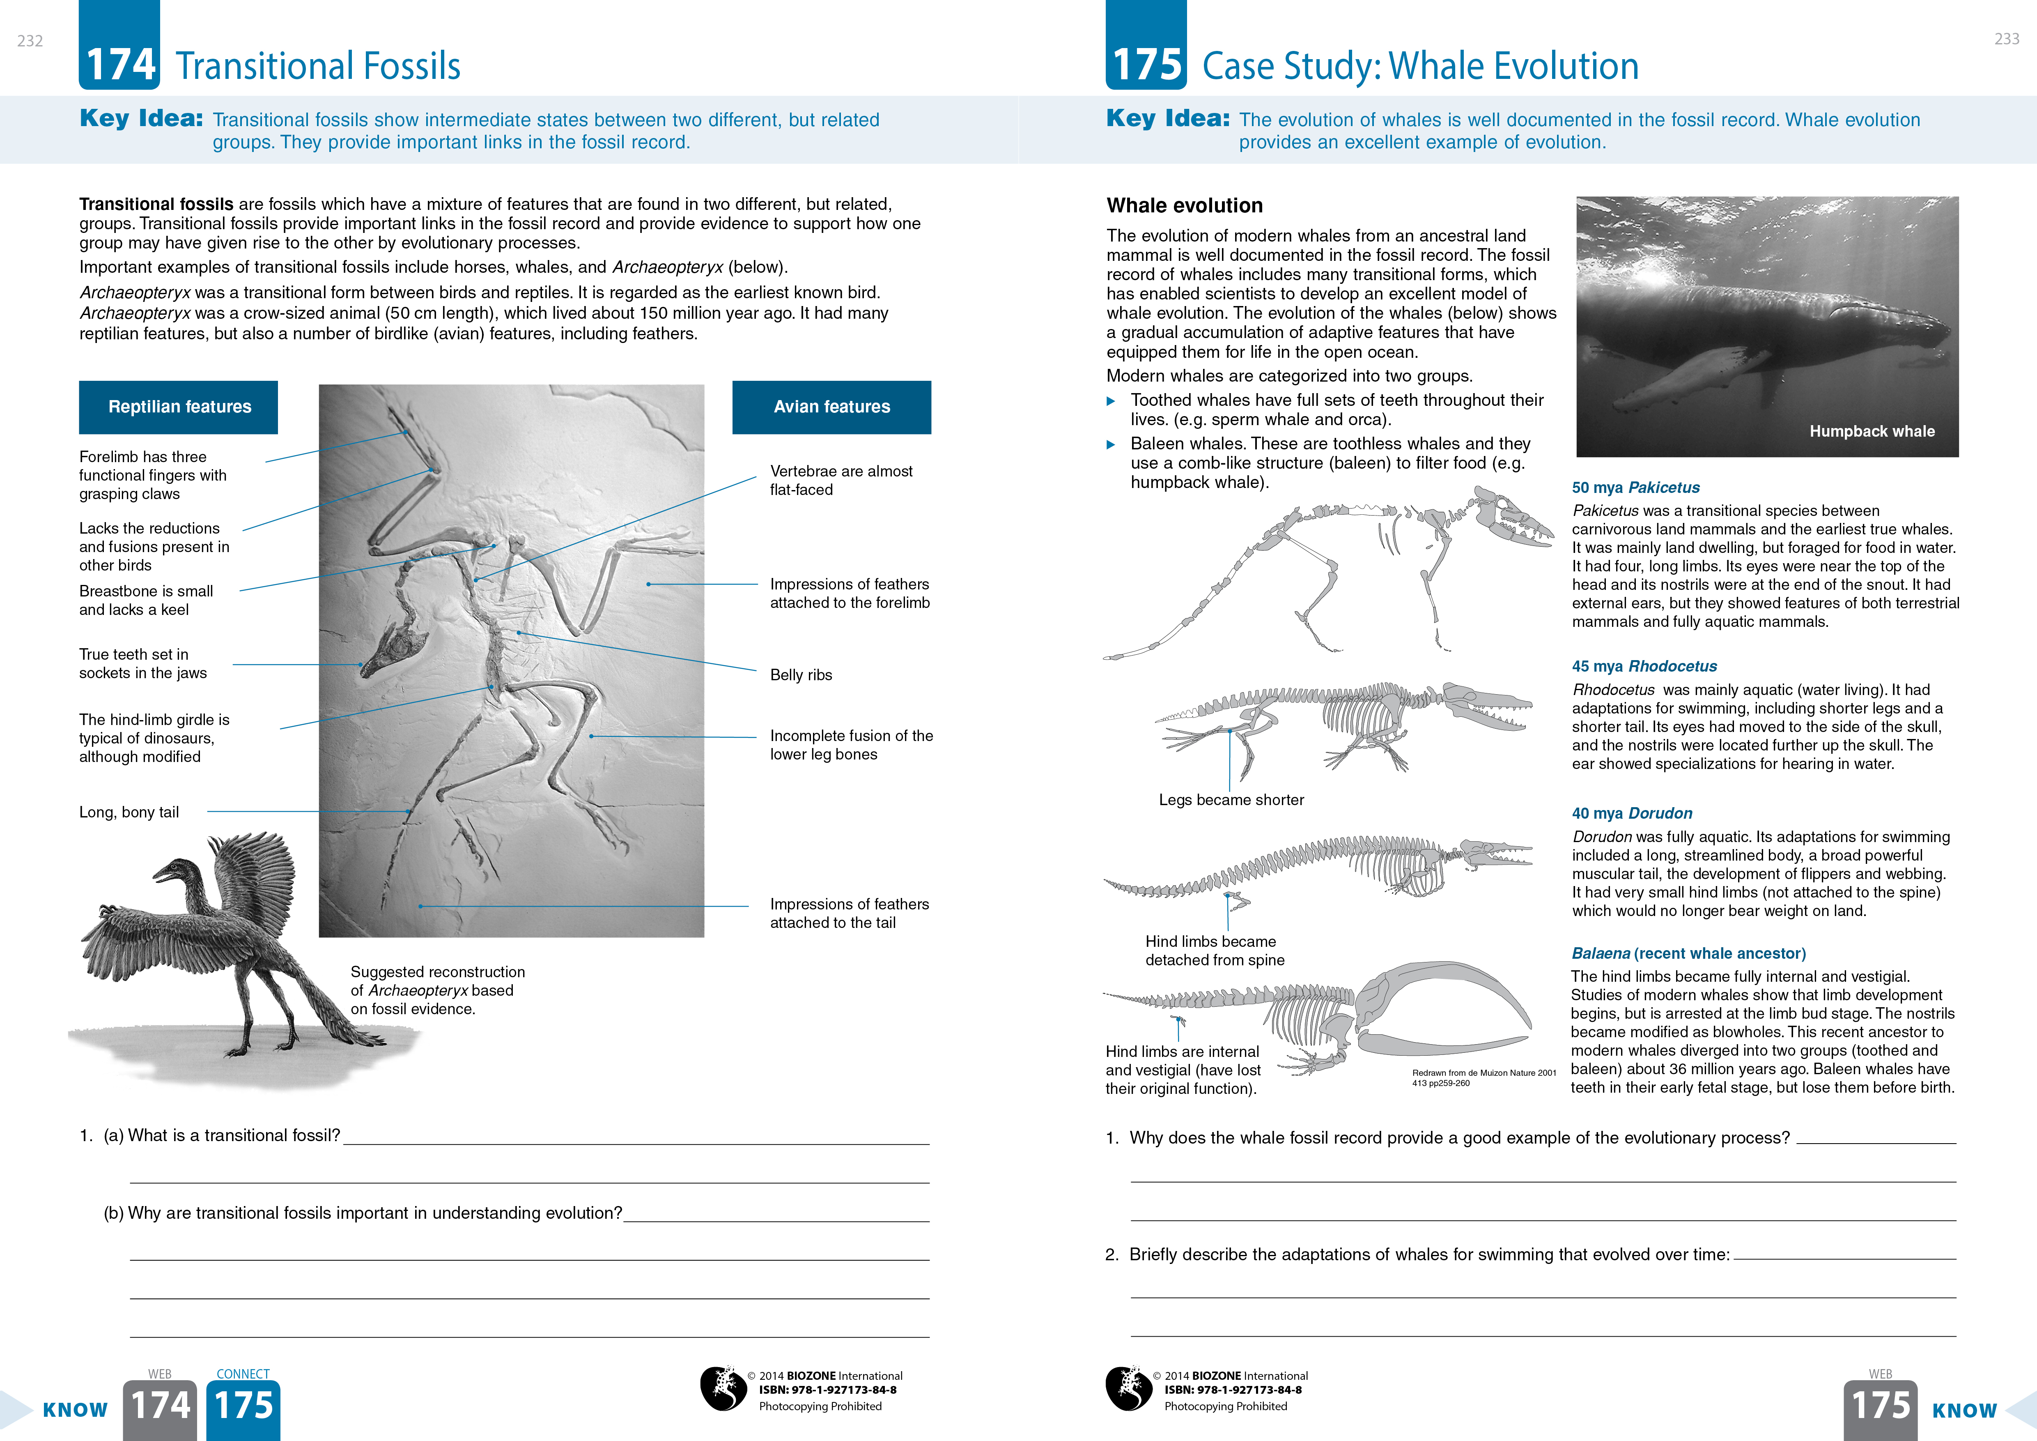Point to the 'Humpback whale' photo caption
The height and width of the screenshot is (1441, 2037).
tap(1872, 431)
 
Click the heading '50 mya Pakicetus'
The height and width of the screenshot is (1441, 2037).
tap(1635, 487)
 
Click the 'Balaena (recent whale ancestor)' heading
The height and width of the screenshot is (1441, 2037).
tap(1688, 954)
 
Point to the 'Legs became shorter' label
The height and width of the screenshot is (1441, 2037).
tap(1231, 800)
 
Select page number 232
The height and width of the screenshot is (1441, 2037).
tap(30, 41)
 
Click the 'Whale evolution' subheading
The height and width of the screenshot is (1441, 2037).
tap(1185, 206)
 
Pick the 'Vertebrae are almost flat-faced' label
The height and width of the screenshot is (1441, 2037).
tap(840, 480)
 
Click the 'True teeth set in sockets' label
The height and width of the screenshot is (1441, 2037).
tap(143, 664)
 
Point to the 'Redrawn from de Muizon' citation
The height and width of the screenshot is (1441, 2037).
tap(1484, 1077)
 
